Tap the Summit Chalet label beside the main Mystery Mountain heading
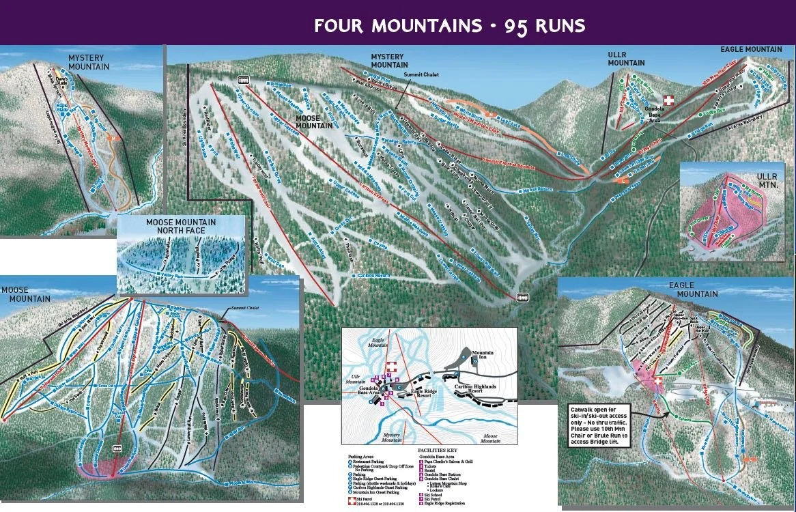(422, 74)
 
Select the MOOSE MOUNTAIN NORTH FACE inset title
(181, 227)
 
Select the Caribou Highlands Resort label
(479, 388)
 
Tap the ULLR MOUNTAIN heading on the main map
(626, 59)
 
